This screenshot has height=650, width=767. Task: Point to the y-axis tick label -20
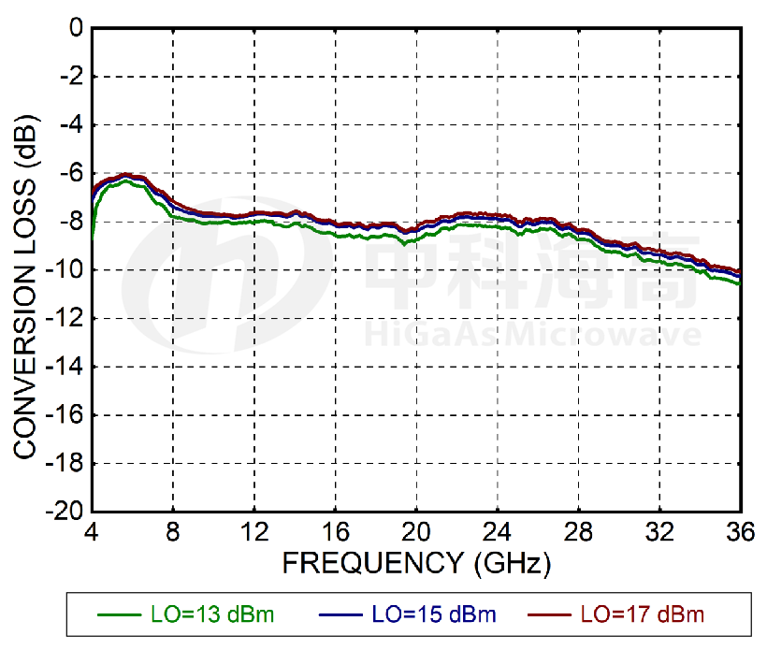65,512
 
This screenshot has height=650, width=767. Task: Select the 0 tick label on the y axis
76,29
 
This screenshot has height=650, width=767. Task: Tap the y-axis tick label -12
65,319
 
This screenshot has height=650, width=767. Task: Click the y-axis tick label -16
65,415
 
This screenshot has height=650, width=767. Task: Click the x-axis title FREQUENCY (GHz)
416,563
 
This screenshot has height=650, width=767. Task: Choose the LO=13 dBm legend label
212,614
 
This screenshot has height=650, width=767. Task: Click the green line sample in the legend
119,615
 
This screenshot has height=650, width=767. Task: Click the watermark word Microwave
607,335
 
